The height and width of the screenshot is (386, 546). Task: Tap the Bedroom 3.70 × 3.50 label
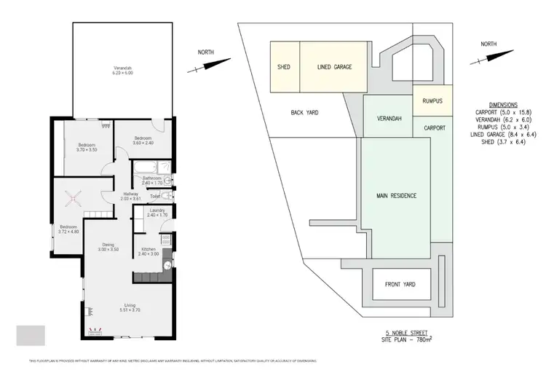point(87,147)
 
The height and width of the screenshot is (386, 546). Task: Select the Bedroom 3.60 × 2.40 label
point(142,140)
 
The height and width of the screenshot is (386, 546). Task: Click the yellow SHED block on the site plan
point(284,67)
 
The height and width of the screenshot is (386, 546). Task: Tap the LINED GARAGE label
point(334,67)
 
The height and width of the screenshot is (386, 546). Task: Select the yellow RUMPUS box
point(432,101)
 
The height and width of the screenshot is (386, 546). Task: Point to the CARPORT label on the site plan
point(434,127)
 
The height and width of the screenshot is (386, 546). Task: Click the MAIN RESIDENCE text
point(396,196)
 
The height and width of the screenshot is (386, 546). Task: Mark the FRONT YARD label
point(400,284)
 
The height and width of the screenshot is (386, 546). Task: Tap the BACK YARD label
point(305,113)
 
